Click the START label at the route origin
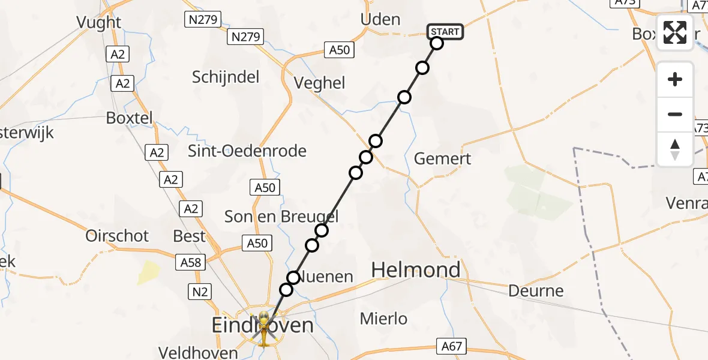445,32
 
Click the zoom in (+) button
675,79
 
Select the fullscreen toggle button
675,32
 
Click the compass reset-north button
675,149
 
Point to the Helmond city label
416,270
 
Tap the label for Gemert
443,159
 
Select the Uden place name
380,19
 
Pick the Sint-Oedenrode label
247,151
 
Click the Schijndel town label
226,77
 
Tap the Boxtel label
129,118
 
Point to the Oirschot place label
117,236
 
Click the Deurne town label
536,291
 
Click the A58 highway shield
191,262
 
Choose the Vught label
99,23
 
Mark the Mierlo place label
383,319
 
